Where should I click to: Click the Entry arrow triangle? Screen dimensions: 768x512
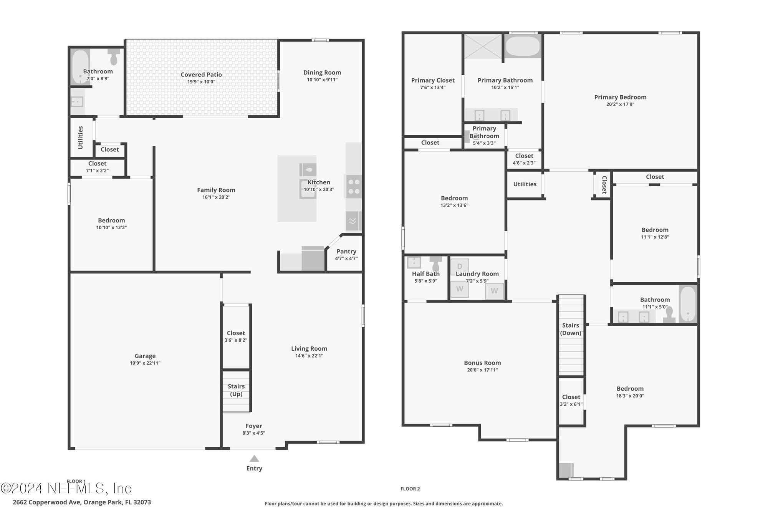pos(254,458)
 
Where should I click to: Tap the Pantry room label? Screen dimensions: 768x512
pos(346,251)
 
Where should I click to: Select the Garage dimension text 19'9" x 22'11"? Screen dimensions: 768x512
pos(145,363)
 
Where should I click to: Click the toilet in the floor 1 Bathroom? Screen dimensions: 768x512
pos(114,56)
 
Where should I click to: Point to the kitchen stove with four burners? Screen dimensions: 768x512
pos(354,187)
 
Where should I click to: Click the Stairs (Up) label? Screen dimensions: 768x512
pos(236,390)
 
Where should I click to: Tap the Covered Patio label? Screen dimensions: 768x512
pos(201,75)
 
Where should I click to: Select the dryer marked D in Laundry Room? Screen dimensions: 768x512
pos(459,266)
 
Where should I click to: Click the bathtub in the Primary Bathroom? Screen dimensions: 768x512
pos(523,46)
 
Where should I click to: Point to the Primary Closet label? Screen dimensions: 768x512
pos(433,80)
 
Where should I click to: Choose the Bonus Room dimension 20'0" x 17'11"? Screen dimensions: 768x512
pos(482,370)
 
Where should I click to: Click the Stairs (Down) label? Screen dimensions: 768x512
pos(571,329)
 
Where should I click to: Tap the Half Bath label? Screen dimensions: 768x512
pos(426,273)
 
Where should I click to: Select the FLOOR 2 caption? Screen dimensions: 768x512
pos(410,489)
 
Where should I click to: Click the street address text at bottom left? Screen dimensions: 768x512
pos(82,502)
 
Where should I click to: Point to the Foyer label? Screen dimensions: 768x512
pos(254,426)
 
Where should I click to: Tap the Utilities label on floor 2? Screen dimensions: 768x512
pos(525,184)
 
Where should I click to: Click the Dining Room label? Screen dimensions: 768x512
pos(322,72)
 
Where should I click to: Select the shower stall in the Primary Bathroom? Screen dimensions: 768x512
pos(483,46)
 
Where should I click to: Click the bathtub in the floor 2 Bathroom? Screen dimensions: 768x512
pos(688,304)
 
